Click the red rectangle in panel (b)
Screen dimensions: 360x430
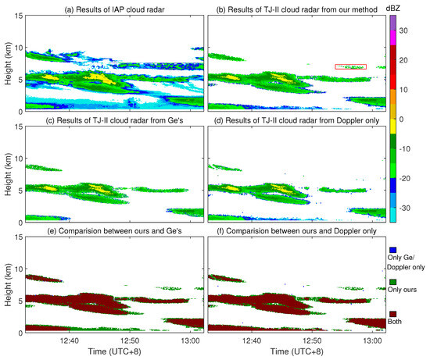click(349, 67)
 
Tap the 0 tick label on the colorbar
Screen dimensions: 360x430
click(403, 119)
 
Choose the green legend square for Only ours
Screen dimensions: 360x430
click(393, 278)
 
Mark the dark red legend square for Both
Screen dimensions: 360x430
click(393, 312)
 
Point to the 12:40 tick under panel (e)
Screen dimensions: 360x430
click(69, 340)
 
